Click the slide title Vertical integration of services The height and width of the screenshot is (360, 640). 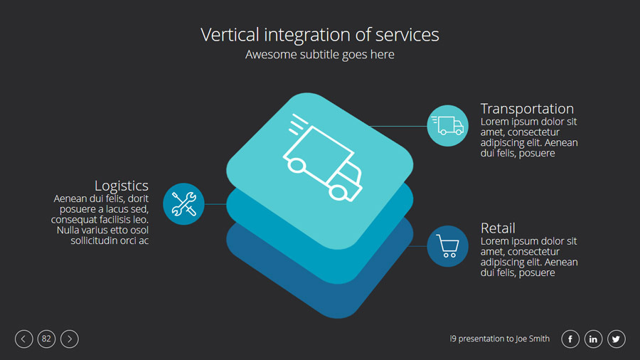tap(320, 34)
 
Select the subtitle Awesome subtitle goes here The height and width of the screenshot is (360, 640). tap(320, 55)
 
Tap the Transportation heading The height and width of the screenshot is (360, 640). tap(527, 109)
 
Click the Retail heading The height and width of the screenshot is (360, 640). tap(498, 228)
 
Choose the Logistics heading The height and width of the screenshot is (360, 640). tap(122, 186)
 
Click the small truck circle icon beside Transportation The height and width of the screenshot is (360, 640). tap(448, 125)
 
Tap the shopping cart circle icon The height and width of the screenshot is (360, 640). tap(448, 246)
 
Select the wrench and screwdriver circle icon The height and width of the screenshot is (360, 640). tap(183, 203)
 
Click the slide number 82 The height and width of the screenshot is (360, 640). tap(46, 339)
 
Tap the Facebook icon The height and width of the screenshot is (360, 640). tap(570, 339)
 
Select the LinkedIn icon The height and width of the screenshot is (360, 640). tap(593, 339)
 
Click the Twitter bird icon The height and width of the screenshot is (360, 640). tap(616, 339)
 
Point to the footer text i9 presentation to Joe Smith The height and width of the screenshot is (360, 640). tap(500, 339)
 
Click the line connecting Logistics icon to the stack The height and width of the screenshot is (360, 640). tap(215, 204)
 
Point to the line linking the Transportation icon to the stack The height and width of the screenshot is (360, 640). tap(398, 126)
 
